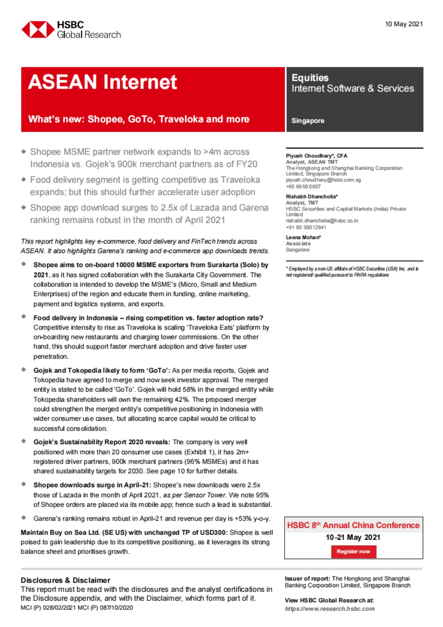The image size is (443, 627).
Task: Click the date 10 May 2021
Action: (403, 24)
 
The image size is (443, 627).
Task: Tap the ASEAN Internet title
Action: (103, 82)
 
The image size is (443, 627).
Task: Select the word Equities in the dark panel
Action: (310, 78)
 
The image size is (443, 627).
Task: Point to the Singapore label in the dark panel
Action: (308, 121)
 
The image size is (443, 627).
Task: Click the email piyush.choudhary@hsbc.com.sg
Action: (323, 180)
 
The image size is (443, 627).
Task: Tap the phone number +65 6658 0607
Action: (303, 186)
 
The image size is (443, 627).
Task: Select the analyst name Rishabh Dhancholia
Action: (311, 196)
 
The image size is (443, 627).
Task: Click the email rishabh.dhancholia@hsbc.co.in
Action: (322, 220)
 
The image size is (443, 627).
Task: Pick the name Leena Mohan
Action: (303, 237)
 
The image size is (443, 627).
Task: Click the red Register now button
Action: (353, 551)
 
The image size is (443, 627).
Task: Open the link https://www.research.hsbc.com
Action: (330, 609)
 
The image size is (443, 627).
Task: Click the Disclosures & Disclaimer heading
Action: (65, 580)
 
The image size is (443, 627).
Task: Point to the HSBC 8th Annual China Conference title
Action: (353, 525)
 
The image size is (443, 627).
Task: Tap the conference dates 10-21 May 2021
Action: (353, 537)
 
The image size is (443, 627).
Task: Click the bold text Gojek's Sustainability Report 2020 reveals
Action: (102, 442)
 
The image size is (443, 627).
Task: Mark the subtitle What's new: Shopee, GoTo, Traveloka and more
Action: (139, 119)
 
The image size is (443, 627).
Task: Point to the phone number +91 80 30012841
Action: (306, 227)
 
